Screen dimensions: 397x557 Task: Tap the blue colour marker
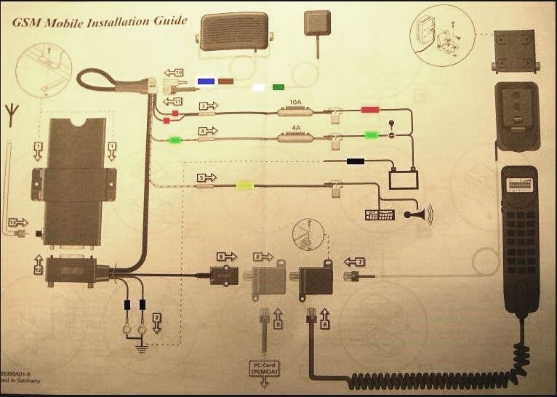[206, 81]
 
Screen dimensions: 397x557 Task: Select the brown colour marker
[226, 81]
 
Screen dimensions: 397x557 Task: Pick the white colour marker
[257, 87]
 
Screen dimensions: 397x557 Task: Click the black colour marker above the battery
[356, 161]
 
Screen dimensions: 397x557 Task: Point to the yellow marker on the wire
[244, 186]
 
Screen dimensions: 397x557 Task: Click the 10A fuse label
[296, 103]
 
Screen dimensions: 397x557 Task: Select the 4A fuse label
[296, 127]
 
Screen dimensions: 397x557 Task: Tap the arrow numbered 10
[174, 72]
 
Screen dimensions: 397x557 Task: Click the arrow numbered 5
[207, 177]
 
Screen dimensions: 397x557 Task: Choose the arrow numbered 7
[353, 260]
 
